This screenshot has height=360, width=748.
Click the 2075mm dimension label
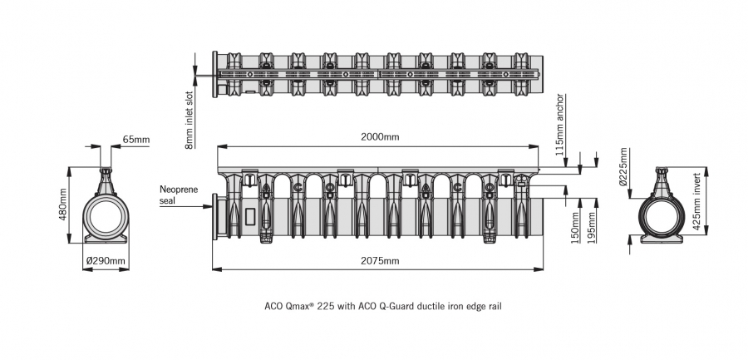(379, 261)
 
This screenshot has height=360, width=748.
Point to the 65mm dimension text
(135, 140)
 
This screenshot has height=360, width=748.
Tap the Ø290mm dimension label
(106, 261)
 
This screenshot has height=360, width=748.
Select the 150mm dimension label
(575, 223)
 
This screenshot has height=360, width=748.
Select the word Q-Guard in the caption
(394, 305)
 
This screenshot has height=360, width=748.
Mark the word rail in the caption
(495, 305)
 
